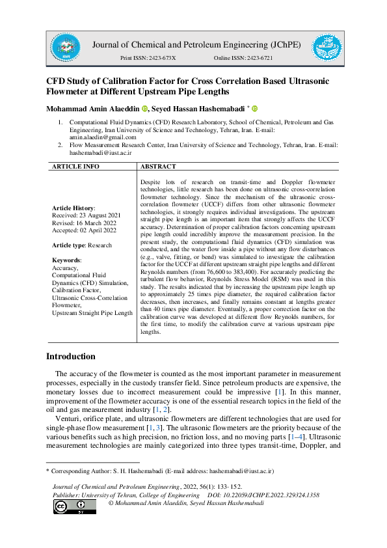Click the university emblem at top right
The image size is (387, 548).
pos(327,48)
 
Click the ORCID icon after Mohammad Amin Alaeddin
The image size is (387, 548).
pos(145,108)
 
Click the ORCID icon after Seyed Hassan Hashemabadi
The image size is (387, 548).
pos(254,108)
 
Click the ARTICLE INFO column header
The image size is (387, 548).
pos(75,167)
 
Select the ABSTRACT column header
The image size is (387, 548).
pos(159,167)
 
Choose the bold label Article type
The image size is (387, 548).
pos(68,245)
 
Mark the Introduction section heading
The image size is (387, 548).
pos(71,357)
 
